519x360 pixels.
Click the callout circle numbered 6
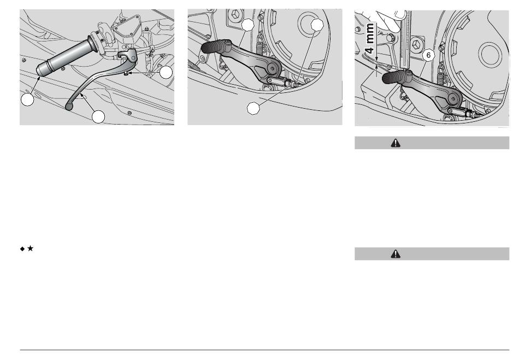pos(429,55)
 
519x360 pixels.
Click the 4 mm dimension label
pos(370,38)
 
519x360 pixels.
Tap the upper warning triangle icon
pos(396,143)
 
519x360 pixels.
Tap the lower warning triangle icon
pos(396,254)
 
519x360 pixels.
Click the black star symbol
pos(30,248)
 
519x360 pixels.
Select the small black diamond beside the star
pos(22,249)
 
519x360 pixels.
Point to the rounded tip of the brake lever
pos(69,107)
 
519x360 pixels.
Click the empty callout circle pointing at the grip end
pos(27,99)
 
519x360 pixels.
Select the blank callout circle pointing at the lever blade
pos(98,117)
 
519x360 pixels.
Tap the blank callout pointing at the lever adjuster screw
pos(166,73)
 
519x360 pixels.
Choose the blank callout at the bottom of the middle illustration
pos(253,108)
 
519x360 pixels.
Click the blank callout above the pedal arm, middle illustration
pos(247,25)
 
